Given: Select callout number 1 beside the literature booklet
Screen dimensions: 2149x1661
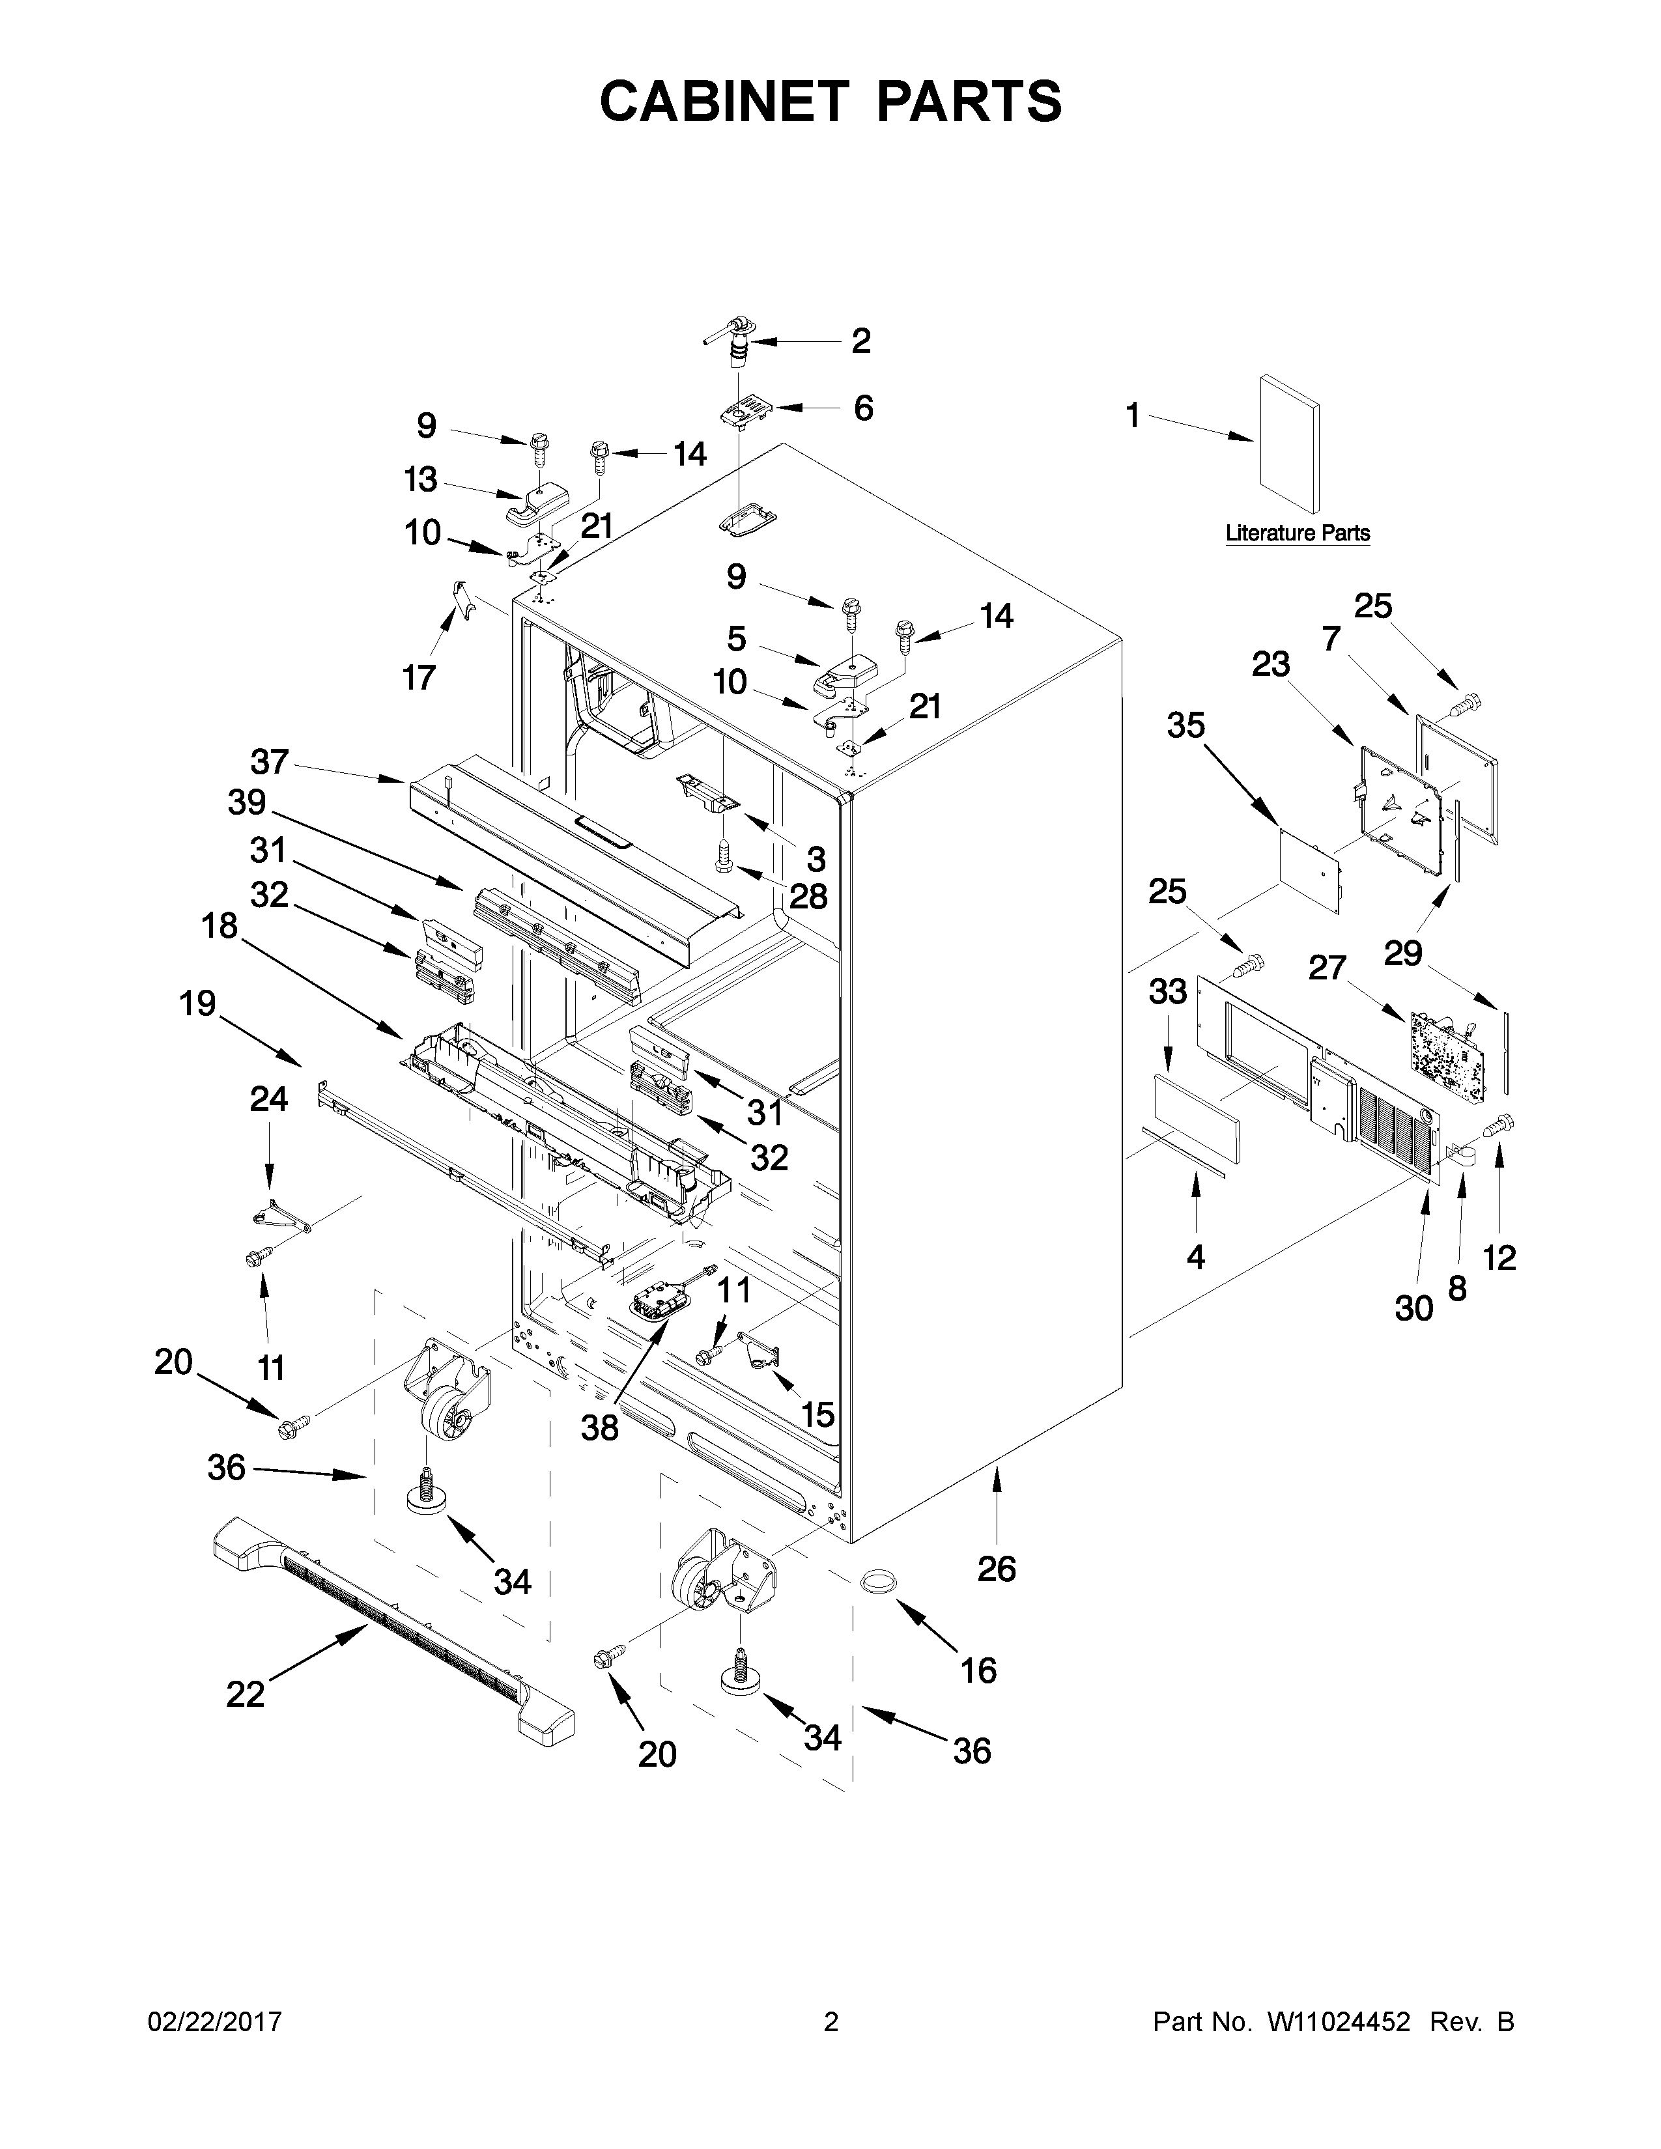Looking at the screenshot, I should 1133,416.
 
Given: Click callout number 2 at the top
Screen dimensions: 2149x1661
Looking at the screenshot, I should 861,341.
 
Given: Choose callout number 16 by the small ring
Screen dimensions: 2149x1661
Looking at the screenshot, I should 978,1670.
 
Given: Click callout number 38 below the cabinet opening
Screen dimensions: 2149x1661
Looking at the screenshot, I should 599,1427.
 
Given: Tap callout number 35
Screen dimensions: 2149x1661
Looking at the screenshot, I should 1185,725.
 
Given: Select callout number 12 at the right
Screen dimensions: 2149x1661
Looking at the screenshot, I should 1499,1257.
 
